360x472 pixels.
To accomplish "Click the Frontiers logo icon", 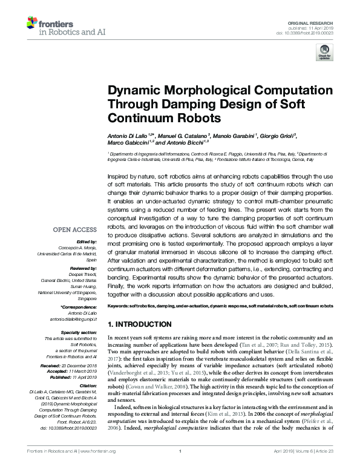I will click(33, 24).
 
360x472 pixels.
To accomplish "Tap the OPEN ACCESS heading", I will click(74, 229).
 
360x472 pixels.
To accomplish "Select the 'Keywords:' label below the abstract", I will click(118, 307).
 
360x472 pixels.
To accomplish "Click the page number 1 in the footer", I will click(180, 468).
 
